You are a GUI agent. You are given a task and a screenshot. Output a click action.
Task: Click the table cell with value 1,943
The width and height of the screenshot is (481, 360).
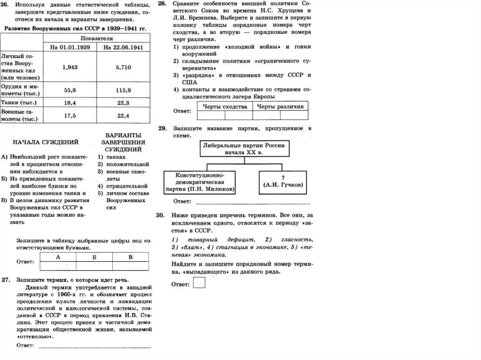[x=70, y=67]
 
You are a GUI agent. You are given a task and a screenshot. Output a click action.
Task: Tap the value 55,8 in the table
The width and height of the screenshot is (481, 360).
[x=70, y=89]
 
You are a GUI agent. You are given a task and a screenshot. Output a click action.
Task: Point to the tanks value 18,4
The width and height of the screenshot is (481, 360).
[x=70, y=102]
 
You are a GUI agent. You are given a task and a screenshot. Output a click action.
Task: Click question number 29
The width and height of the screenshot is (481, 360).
[x=162, y=128]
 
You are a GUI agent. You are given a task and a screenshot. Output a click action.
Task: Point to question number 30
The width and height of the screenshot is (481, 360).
[x=161, y=215]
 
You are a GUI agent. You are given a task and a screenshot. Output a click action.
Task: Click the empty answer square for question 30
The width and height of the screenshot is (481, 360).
[x=199, y=283]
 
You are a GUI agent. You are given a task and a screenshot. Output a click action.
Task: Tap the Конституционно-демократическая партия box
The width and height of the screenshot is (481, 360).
[x=200, y=181]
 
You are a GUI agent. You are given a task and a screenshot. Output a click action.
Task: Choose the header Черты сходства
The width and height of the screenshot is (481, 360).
[x=225, y=106]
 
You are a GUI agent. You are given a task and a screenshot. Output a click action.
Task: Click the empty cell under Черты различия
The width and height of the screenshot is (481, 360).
[x=281, y=115]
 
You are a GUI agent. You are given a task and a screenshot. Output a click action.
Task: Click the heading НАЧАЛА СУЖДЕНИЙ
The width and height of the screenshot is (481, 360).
[x=46, y=142]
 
